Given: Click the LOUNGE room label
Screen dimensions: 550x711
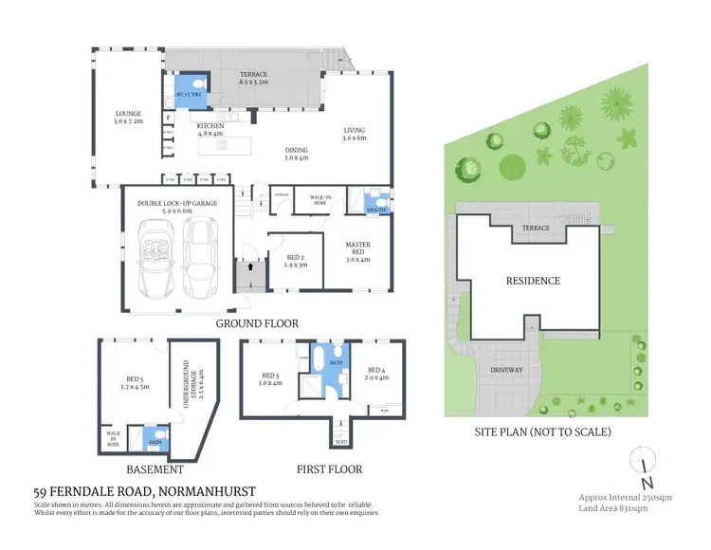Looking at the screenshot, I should (x=127, y=119).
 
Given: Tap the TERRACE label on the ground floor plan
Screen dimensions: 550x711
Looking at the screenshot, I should (x=254, y=77).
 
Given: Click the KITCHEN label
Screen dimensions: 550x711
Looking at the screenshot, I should (x=210, y=129).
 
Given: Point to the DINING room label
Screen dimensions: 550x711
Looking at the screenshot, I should (x=298, y=153).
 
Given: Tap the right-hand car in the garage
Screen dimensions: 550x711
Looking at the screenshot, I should (x=201, y=258).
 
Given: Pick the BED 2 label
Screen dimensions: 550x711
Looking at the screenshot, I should (x=295, y=261).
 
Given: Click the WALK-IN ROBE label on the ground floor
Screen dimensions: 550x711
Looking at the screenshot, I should (x=312, y=201).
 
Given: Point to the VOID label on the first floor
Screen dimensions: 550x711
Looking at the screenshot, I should (x=339, y=441).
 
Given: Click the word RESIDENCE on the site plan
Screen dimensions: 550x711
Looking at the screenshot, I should (x=532, y=281).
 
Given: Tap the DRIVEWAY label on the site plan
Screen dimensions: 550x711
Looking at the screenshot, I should (x=505, y=370).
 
